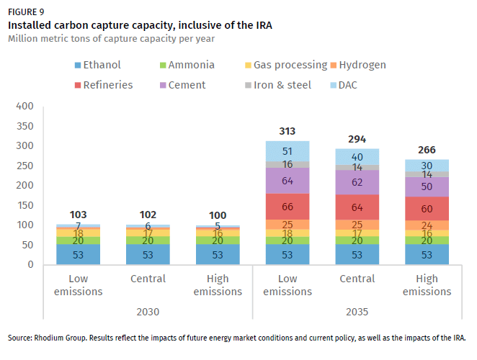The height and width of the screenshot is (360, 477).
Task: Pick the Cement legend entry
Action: coord(179,85)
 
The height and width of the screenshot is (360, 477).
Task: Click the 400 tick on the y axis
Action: coord(25,107)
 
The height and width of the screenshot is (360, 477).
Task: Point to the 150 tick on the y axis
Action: coord(25,205)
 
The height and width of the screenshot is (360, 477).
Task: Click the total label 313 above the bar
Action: coord(287,131)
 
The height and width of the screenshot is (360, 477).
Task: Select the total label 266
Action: coord(427,150)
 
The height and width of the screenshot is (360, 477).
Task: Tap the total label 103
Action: coord(79,215)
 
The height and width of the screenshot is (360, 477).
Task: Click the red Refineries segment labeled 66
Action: coord(287,207)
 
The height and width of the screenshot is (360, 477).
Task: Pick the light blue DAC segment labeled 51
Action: coord(287,151)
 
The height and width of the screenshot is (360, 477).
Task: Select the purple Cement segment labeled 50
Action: coord(427,186)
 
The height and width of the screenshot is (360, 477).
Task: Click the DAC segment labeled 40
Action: coord(357,157)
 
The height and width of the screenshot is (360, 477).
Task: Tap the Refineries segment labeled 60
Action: coord(427,209)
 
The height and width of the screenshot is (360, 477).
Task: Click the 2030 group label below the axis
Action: coord(148,312)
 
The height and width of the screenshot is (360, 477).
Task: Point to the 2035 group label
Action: coord(357,312)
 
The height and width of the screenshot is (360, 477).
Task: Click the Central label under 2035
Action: coord(357,279)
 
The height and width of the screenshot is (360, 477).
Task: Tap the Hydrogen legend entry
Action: coord(362,65)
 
